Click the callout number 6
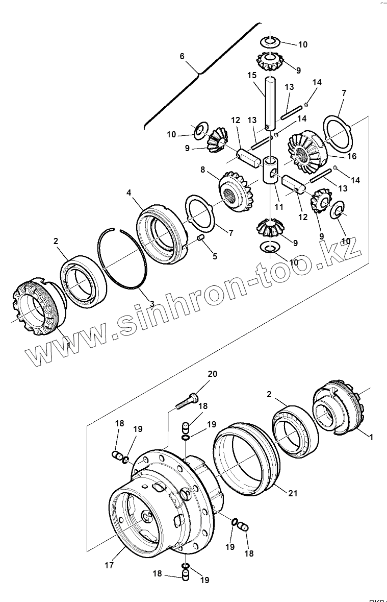182,57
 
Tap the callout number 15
252,75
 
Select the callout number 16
352,157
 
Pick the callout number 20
212,374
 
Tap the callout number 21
292,493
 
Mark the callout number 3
152,304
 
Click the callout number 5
215,256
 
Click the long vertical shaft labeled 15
270,102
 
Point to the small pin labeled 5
200,238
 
